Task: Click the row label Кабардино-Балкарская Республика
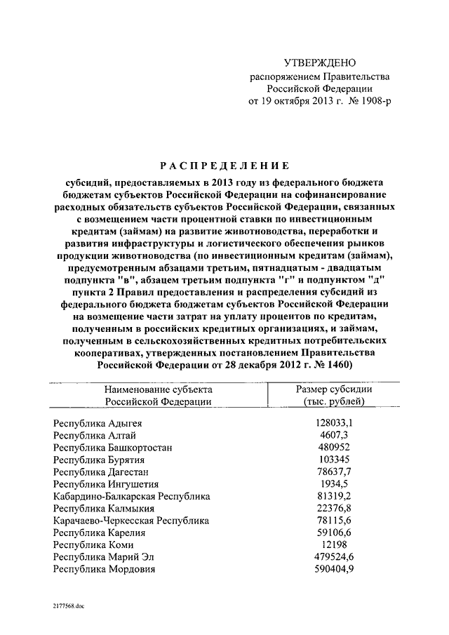(x=131, y=496)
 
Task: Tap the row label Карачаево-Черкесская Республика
(x=131, y=521)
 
